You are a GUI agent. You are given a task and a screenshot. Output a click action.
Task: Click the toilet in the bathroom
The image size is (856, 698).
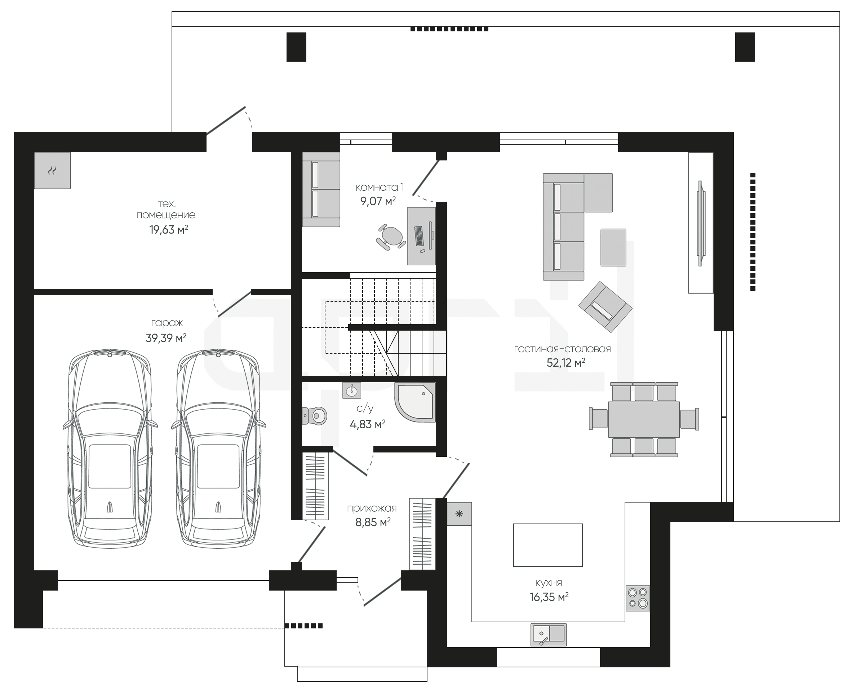[314, 415]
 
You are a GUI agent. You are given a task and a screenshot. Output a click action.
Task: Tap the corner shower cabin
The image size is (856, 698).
[415, 402]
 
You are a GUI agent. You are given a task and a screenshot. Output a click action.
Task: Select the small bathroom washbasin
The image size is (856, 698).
[352, 390]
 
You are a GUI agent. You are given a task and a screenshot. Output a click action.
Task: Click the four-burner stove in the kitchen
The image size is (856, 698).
[637, 597]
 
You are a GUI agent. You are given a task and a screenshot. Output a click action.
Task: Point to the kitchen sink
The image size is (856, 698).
[549, 635]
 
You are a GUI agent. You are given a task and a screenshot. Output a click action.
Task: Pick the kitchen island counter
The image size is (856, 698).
[548, 545]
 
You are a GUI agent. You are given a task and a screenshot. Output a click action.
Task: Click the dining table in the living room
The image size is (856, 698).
[644, 419]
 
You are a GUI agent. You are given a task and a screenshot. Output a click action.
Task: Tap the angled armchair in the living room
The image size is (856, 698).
[605, 307]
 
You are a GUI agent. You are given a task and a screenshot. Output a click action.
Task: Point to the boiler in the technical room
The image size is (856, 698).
[52, 171]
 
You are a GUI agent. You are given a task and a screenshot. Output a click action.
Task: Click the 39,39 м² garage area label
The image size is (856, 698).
[166, 338]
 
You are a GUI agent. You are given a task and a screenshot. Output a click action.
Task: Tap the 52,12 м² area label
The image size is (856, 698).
[566, 363]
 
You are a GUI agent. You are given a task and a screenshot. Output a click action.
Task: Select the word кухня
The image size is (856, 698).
[549, 583]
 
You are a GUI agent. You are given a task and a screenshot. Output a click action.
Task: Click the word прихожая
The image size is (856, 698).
[372, 508]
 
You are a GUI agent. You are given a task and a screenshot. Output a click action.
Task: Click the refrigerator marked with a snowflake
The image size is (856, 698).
[459, 513]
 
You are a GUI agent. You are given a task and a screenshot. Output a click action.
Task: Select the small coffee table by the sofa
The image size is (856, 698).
[613, 247]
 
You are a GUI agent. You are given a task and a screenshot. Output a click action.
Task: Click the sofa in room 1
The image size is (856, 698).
[321, 189]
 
